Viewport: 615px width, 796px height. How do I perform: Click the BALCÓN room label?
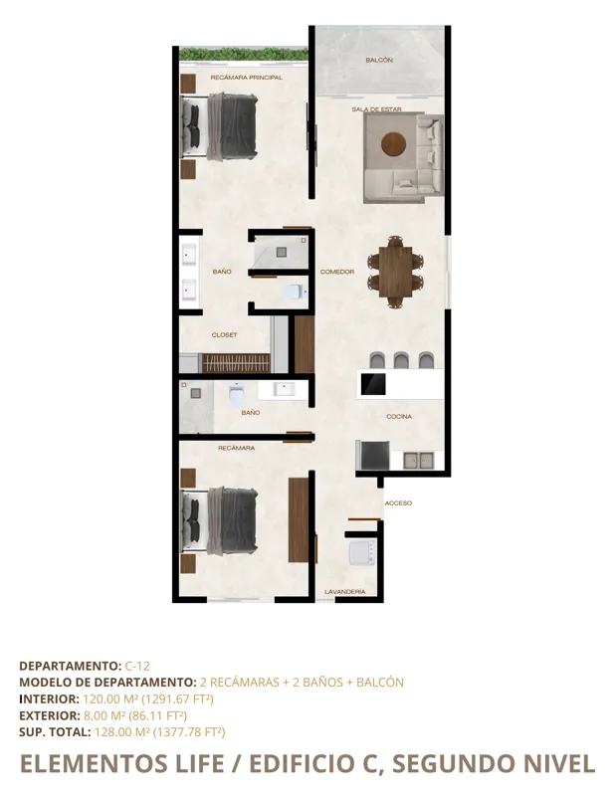[x=378, y=61]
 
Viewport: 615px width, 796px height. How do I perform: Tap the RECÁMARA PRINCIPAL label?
[x=246, y=77]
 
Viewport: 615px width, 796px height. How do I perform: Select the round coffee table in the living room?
[x=394, y=145]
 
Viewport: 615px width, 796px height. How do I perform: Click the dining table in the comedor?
[x=395, y=270]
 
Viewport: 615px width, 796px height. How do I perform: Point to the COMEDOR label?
[x=336, y=272]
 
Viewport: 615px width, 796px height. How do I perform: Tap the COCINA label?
[x=399, y=417]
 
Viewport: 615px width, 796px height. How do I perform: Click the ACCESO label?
[x=398, y=503]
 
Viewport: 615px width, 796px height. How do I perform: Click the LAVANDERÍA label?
[x=344, y=592]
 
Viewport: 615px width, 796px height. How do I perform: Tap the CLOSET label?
[x=224, y=335]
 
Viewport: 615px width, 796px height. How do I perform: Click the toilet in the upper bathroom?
[x=292, y=292]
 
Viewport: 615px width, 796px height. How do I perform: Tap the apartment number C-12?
[x=136, y=665]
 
